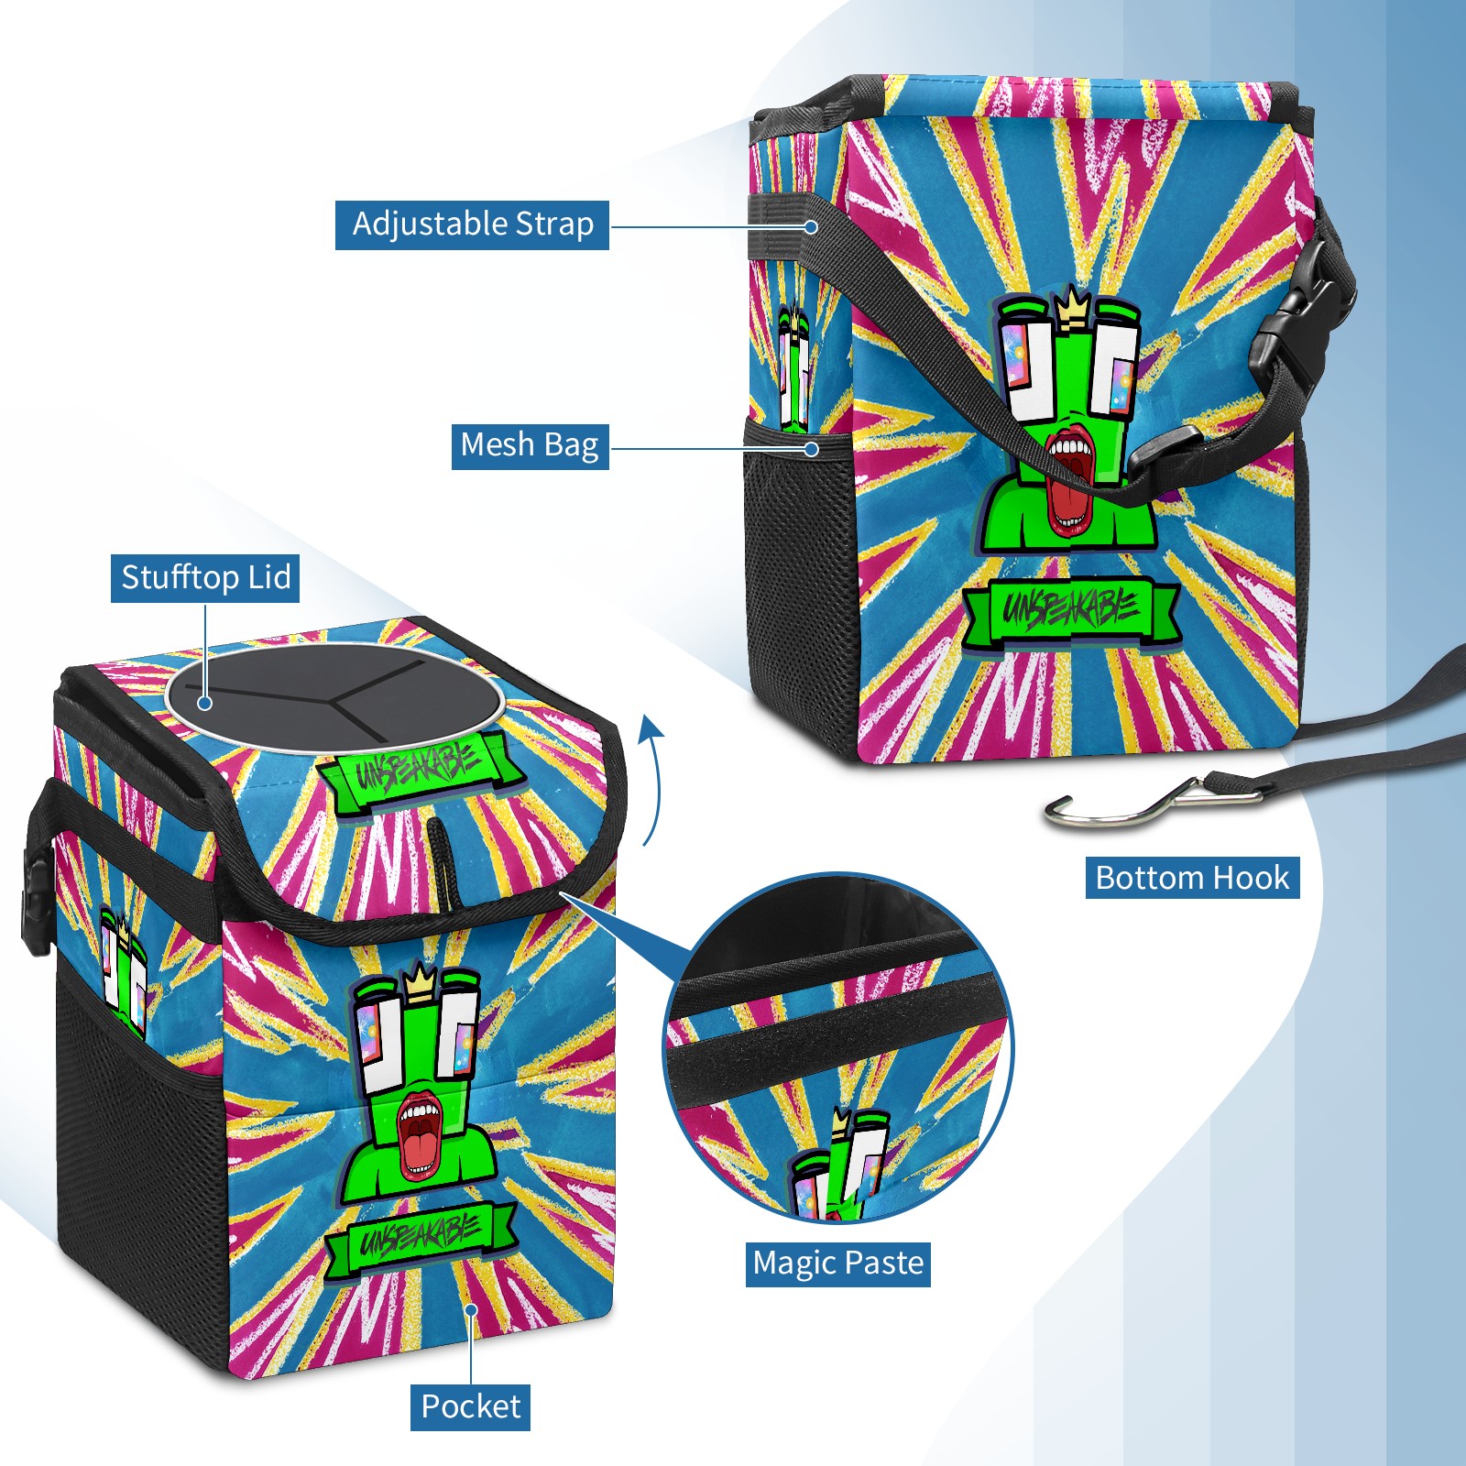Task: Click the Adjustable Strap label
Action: [x=472, y=224]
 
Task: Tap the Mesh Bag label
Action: [x=530, y=445]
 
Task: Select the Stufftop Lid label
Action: [x=205, y=578]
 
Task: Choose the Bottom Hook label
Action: [x=1192, y=878]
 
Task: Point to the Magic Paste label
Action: [x=838, y=1264]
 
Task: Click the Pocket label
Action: [x=470, y=1406]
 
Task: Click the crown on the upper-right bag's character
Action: [x=1071, y=308]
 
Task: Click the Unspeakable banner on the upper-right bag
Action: [x=1070, y=609]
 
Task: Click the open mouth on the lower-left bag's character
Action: [x=420, y=1136]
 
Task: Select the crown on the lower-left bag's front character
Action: [x=420, y=982]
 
